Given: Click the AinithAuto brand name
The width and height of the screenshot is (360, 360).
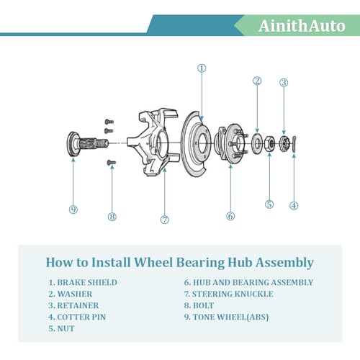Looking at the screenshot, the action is tap(302, 26).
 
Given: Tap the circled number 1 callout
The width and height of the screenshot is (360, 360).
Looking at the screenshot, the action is tap(202, 68).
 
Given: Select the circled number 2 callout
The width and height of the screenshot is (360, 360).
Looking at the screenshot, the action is tap(257, 81).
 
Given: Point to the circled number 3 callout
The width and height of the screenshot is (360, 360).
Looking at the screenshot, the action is tap(284, 83).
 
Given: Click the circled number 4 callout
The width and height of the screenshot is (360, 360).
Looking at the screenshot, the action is tap(294, 206).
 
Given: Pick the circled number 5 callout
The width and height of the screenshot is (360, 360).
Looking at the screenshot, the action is tap(269, 204).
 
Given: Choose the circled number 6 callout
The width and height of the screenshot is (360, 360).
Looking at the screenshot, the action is tap(230, 216).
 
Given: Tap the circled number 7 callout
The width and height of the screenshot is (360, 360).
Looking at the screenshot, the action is tap(165, 220).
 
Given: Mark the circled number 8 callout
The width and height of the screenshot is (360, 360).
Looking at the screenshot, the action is tap(112, 217).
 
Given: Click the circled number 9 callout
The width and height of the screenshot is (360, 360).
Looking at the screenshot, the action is tap(73, 210).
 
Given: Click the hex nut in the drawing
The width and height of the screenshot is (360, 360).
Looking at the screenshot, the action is tap(269, 144).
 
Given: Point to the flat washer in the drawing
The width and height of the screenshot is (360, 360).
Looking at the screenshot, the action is tap(257, 144).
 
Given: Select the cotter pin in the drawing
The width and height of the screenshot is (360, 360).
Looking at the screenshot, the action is tap(294, 144).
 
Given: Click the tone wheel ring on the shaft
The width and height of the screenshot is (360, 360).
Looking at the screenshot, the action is tap(71, 143).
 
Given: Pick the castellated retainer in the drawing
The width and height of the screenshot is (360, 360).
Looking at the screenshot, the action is tap(284, 144).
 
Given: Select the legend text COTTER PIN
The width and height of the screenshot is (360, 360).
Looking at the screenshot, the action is tap(81, 317).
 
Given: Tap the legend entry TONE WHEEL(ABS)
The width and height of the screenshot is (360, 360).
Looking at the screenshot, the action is tap(230, 317).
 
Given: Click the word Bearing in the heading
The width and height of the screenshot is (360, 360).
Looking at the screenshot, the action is tap(200, 263).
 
